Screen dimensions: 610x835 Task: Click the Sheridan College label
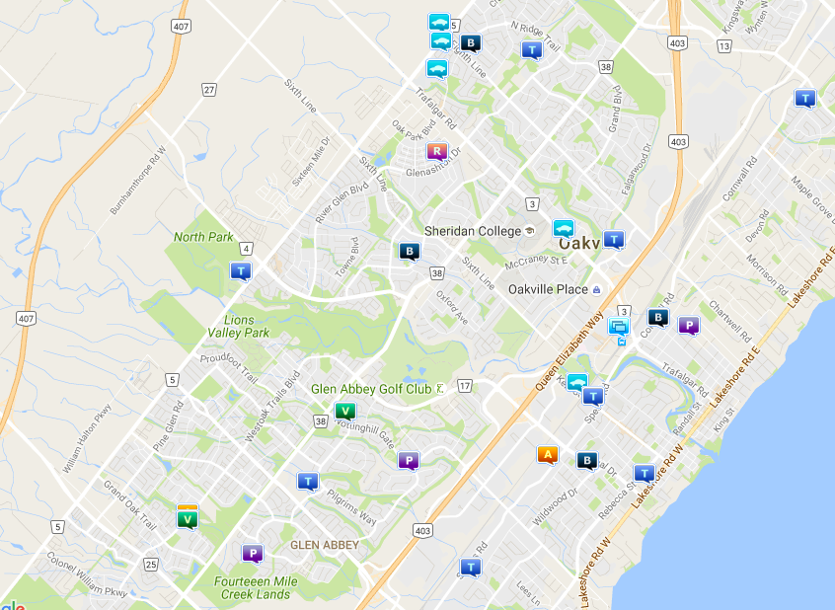click(x=472, y=231)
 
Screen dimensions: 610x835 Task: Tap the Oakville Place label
click(x=548, y=290)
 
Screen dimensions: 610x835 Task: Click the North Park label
click(x=203, y=237)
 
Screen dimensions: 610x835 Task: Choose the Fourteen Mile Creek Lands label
click(x=253, y=588)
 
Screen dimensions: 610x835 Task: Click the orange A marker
click(x=548, y=454)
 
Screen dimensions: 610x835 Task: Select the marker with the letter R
click(x=436, y=151)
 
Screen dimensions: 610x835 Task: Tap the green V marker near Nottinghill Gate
click(x=344, y=412)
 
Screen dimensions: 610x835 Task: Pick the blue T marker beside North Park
click(x=240, y=270)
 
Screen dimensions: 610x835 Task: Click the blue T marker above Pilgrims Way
click(x=308, y=481)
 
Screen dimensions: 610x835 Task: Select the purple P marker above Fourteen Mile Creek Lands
click(x=253, y=554)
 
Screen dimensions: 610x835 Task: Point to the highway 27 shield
click(x=209, y=90)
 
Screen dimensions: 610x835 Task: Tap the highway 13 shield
click(x=724, y=46)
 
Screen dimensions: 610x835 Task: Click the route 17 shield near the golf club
click(x=465, y=385)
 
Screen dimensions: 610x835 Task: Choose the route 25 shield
click(x=151, y=565)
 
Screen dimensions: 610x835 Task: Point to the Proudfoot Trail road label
click(x=229, y=366)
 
